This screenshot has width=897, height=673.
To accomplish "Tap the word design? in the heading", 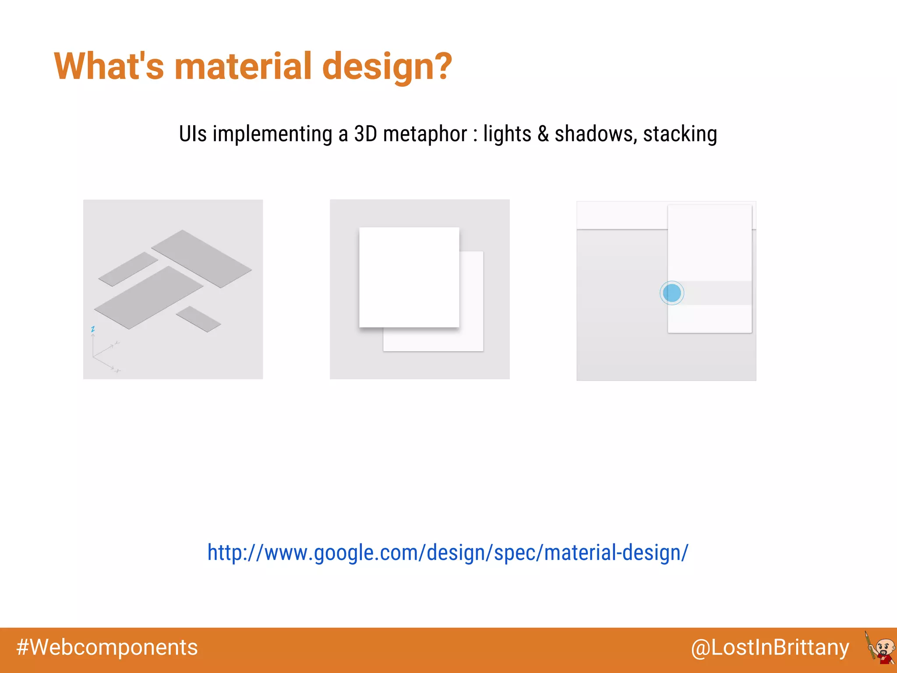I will [387, 67].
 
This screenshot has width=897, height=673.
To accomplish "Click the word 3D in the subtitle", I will [365, 134].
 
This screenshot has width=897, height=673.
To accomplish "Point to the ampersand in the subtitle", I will [543, 134].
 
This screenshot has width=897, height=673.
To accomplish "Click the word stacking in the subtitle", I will [680, 134].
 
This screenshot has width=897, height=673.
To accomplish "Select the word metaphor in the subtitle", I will [425, 134].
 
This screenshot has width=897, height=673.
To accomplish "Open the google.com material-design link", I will [448, 553].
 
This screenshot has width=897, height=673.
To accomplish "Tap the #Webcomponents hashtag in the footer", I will [107, 648].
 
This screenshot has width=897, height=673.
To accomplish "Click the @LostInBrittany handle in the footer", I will [770, 648].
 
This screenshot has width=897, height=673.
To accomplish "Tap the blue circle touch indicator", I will [672, 293].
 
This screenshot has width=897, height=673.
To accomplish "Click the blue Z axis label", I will [93, 329].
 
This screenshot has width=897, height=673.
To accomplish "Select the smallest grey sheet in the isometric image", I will [198, 319].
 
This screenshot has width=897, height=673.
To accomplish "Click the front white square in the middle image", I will [409, 277].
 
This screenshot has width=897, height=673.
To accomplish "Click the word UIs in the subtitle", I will [193, 134].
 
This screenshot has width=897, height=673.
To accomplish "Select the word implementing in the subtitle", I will [272, 134].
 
